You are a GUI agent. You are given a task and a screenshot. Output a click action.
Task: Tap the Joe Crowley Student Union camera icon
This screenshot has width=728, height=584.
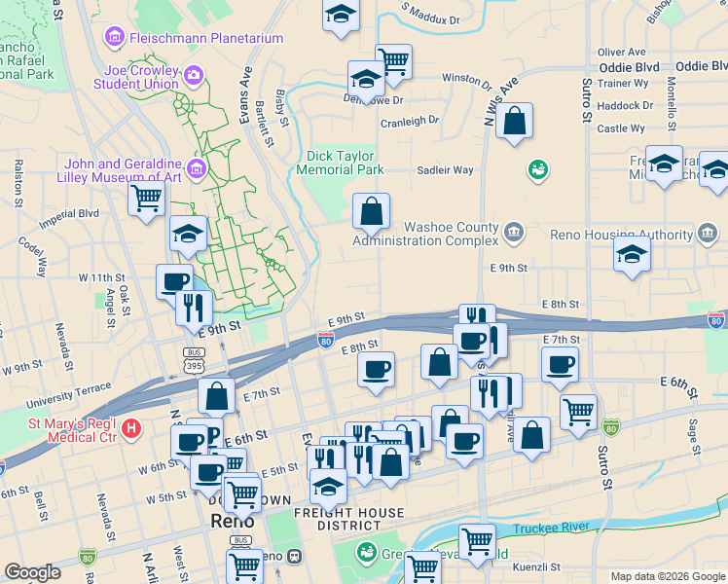194,74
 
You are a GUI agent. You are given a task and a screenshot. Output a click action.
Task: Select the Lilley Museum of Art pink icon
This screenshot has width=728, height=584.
197,169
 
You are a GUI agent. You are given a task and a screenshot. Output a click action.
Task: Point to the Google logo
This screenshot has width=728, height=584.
32,571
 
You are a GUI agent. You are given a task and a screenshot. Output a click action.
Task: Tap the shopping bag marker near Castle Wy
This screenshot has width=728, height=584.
515,122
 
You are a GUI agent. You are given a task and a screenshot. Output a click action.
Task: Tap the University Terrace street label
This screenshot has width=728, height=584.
63,398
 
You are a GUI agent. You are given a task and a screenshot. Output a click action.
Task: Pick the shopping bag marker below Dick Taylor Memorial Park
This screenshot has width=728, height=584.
371,211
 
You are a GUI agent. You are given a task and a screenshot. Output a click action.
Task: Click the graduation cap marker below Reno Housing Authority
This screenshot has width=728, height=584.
632,255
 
